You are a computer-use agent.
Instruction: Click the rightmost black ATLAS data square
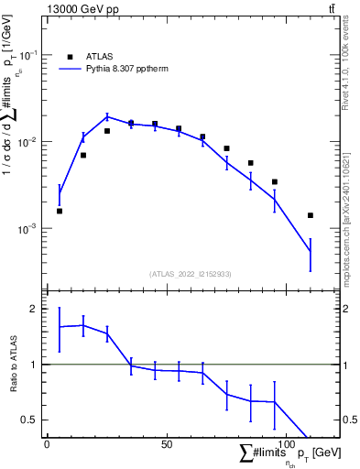pyautogui.click(x=311, y=215)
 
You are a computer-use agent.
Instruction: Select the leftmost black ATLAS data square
pyautogui.click(x=60, y=211)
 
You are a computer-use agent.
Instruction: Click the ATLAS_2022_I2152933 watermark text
pyautogui.click(x=191, y=274)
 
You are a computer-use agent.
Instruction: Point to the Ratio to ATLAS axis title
pyautogui.click(x=13, y=364)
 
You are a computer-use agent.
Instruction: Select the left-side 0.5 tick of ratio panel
pyautogui.click(x=33, y=420)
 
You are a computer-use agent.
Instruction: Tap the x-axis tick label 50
pyautogui.click(x=166, y=444)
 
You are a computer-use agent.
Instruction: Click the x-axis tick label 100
pyautogui.click(x=286, y=444)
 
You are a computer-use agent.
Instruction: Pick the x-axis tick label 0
pyautogui.click(x=48, y=444)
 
